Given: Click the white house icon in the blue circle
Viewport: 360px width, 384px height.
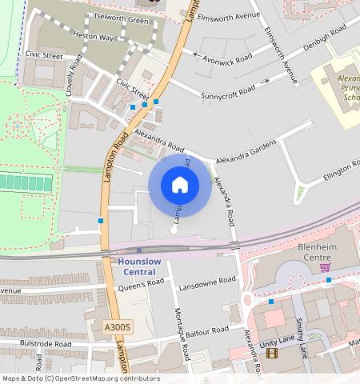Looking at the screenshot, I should click(179, 185).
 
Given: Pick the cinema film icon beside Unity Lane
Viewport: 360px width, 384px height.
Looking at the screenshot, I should click(271, 352).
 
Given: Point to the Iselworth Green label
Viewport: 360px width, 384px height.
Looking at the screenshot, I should click(122, 18).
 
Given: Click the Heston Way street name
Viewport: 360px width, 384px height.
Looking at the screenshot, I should click(93, 38).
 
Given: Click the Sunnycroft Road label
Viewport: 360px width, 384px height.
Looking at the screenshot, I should click(228, 91).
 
